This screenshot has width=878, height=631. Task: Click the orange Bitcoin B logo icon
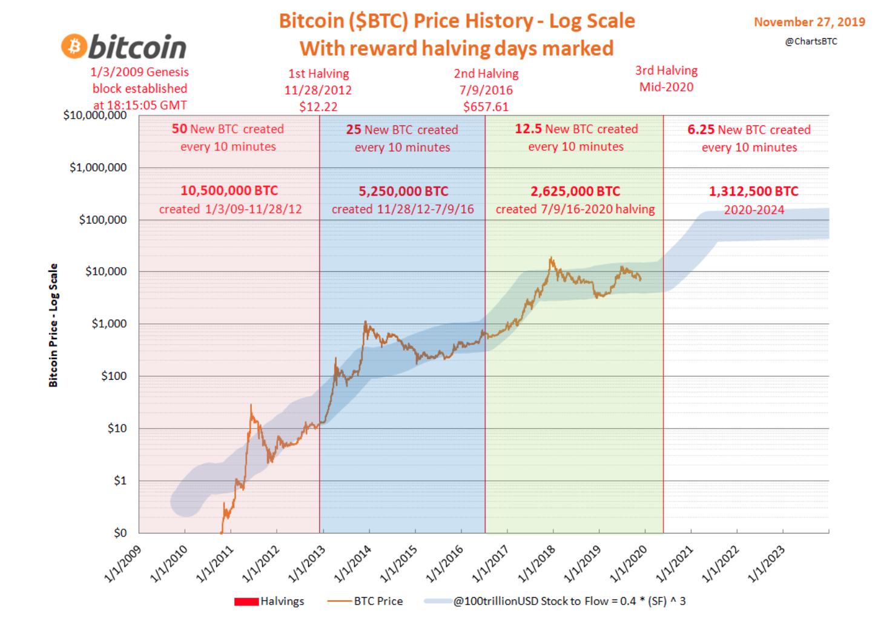(x=74, y=47)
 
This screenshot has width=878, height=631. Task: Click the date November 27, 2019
(x=809, y=22)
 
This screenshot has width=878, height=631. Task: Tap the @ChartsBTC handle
(x=811, y=41)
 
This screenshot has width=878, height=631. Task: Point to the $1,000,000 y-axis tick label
(x=98, y=168)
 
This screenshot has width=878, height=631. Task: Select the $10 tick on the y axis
(x=117, y=429)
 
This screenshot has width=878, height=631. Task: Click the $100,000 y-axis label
(x=103, y=220)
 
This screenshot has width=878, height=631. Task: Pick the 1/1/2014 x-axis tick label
(x=353, y=563)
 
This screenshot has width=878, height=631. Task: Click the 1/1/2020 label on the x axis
(x=629, y=563)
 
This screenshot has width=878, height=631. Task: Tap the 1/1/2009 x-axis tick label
(x=123, y=563)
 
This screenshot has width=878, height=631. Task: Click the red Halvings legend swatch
(x=246, y=601)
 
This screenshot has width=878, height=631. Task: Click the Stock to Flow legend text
(x=569, y=601)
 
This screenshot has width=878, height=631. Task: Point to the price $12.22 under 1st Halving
(x=319, y=107)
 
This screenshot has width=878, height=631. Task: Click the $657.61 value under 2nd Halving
(x=486, y=107)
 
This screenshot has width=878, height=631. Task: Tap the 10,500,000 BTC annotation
(x=229, y=191)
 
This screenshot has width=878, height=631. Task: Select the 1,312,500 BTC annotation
(x=754, y=191)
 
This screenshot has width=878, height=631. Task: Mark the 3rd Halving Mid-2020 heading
(x=666, y=79)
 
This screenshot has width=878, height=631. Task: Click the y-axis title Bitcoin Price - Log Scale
(x=53, y=325)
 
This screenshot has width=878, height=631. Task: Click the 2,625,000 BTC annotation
(x=575, y=191)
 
